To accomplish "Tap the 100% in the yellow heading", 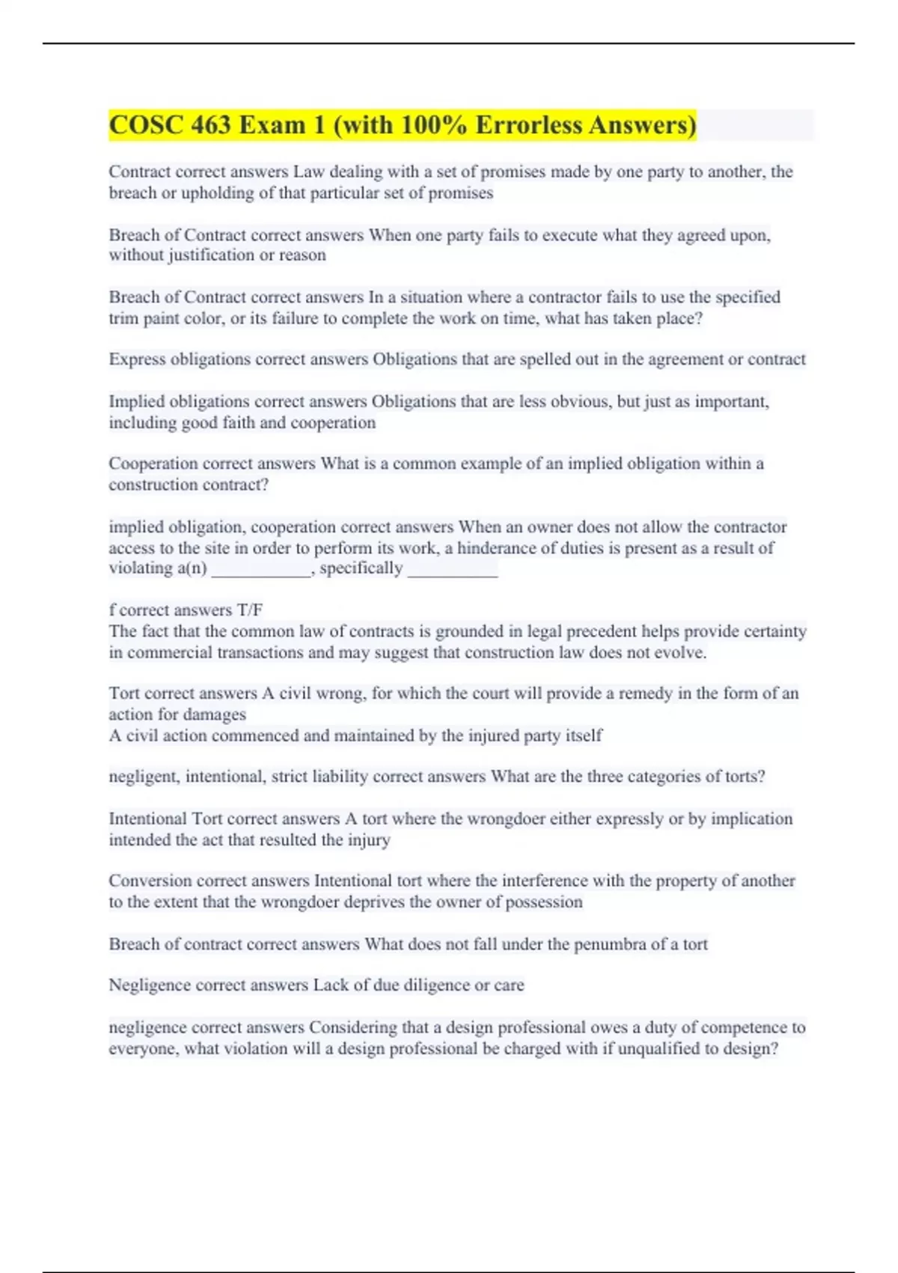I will [x=434, y=125].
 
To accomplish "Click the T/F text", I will [x=250, y=610].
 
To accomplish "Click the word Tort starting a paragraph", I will [x=124, y=693].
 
